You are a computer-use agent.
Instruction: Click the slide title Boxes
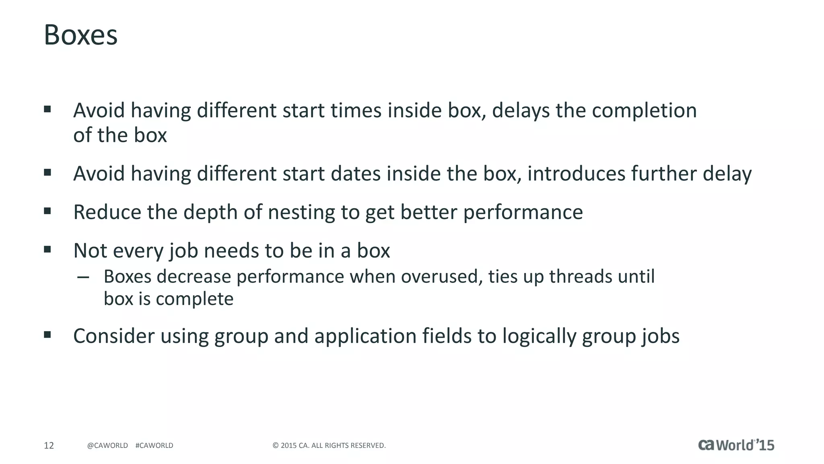click(x=80, y=35)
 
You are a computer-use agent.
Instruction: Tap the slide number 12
click(x=49, y=445)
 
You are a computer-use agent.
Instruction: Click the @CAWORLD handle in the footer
click(x=107, y=445)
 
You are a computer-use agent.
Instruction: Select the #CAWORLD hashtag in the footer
click(x=154, y=445)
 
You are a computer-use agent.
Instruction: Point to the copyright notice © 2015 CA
click(x=329, y=445)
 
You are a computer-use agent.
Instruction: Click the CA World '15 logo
click(x=736, y=445)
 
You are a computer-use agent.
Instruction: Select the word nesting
click(x=301, y=213)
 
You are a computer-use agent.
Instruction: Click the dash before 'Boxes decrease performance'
click(x=83, y=277)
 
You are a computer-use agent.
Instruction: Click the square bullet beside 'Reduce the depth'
click(x=47, y=211)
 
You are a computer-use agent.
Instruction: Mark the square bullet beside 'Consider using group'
click(x=47, y=334)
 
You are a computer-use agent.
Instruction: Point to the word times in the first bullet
click(x=356, y=111)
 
